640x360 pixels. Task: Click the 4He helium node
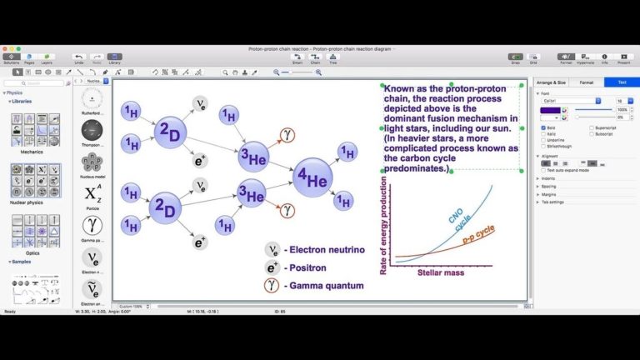(x=312, y=177)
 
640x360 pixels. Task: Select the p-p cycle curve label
(x=479, y=234)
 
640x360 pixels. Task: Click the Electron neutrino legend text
(x=324, y=249)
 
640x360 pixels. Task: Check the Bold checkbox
(x=543, y=127)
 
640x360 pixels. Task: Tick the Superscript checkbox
(x=590, y=127)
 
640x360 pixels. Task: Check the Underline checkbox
(x=543, y=139)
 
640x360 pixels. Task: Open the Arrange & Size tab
(x=551, y=82)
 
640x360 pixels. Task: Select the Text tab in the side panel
(x=621, y=82)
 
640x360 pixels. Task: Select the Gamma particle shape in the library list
(x=92, y=227)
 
